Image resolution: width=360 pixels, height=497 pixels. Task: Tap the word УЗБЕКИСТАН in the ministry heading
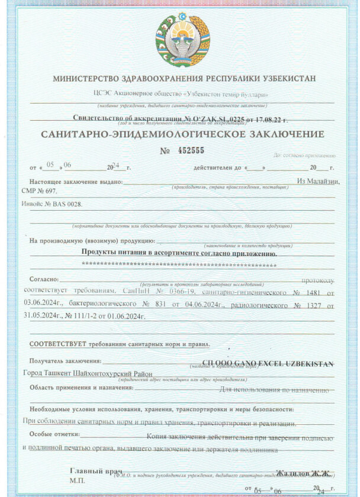[288, 78]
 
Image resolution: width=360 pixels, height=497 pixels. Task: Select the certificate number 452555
[191, 150]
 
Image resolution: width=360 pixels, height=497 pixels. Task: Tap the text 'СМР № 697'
[40, 191]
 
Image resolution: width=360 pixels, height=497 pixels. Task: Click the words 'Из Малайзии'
[318, 181]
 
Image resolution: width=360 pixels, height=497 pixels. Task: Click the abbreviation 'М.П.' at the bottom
[77, 480]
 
